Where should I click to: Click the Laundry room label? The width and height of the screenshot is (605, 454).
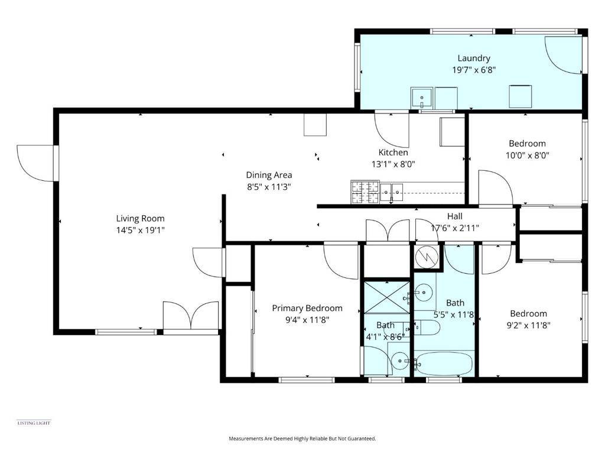click(x=474, y=58)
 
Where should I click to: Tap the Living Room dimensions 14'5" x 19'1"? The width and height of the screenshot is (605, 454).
click(x=140, y=230)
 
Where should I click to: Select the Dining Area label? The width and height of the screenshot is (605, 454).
click(x=269, y=175)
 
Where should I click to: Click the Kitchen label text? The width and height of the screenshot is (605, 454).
click(x=393, y=153)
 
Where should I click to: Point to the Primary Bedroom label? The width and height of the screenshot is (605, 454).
click(x=307, y=308)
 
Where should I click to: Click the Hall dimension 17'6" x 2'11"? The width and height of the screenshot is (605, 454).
click(x=454, y=228)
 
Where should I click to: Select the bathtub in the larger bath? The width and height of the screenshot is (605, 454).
click(x=443, y=364)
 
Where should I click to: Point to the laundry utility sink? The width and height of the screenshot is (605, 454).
click(x=422, y=96)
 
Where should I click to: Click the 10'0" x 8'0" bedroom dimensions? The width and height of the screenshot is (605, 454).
click(x=527, y=155)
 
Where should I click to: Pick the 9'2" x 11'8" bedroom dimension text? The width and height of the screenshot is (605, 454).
click(x=528, y=325)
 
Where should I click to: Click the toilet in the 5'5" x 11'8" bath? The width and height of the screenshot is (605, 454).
click(x=427, y=327)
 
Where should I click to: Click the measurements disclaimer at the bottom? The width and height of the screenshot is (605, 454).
click(x=302, y=439)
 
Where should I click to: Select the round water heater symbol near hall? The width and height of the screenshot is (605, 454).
click(x=426, y=255)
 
